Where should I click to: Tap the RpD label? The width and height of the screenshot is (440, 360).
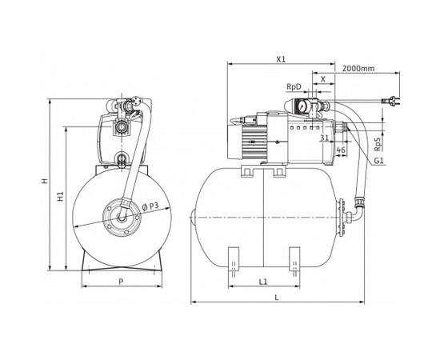292,88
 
